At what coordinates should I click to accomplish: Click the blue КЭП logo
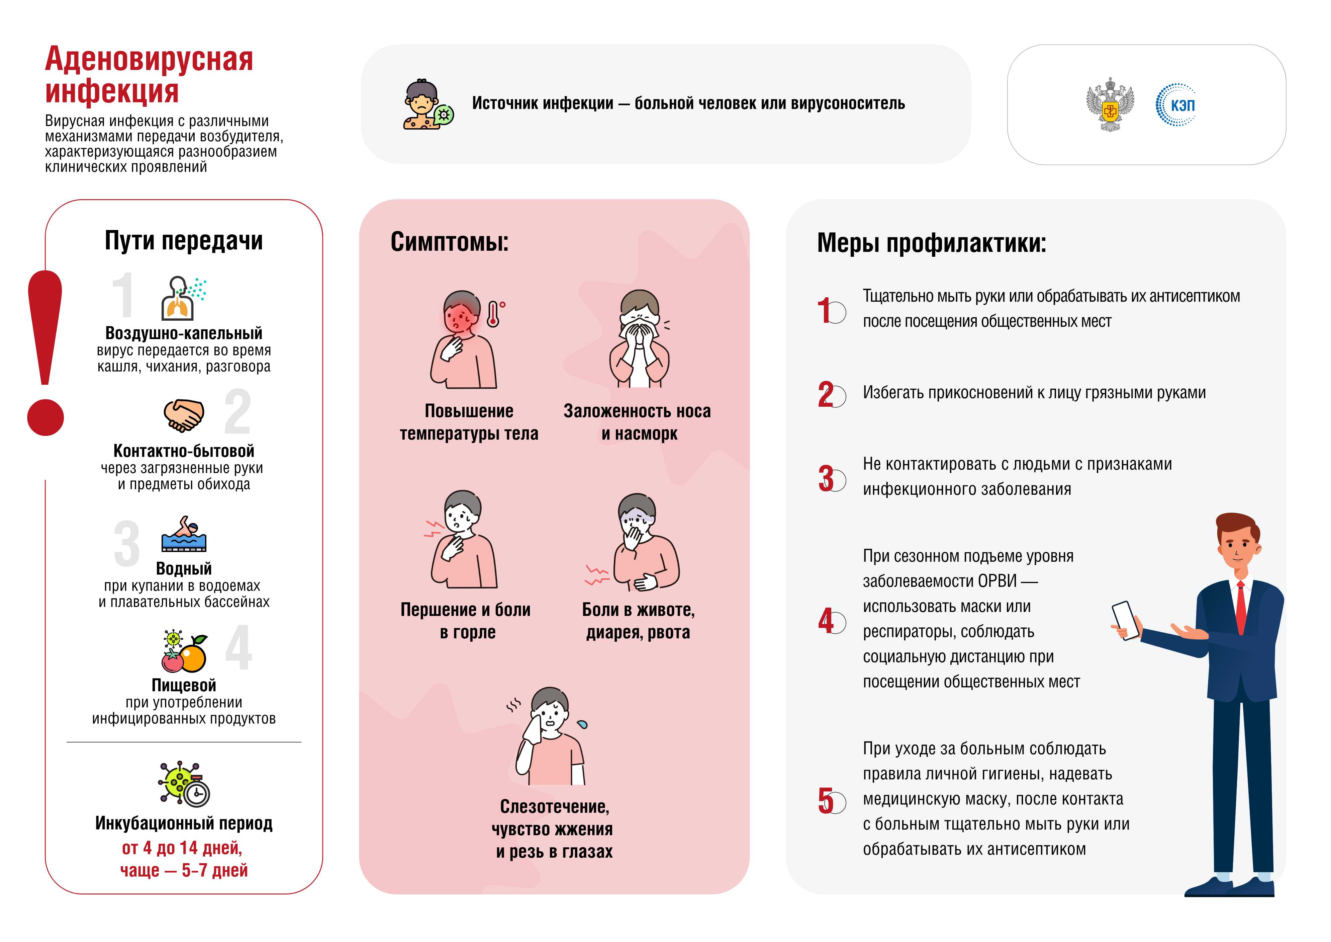tap(1176, 105)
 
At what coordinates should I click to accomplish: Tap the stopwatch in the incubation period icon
tap(197, 792)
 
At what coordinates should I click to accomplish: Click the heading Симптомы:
tap(449, 242)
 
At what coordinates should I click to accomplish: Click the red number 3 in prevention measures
tap(826, 479)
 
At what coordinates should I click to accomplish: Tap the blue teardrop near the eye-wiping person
tap(582, 724)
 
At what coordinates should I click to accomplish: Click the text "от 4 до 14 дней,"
tap(182, 848)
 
